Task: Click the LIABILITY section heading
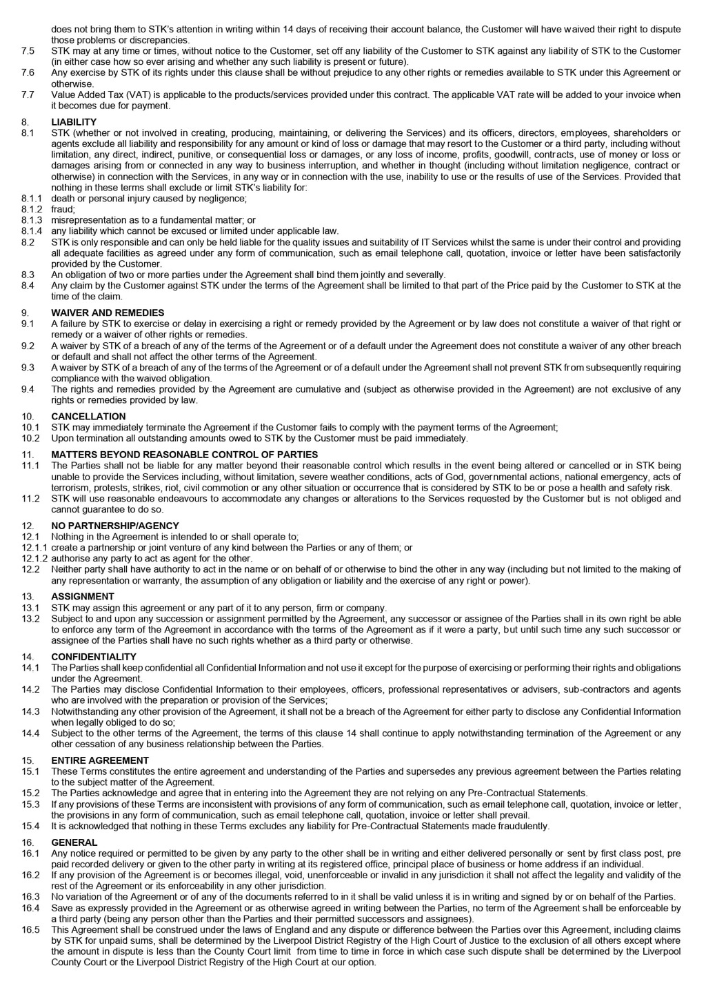point(74,122)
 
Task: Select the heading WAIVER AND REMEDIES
point(108,313)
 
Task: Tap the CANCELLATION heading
point(88,416)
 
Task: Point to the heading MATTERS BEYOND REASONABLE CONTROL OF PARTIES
point(184,455)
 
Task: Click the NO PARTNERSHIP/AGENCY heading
point(114,526)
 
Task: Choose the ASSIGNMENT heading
point(83,596)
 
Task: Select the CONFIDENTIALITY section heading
point(93,657)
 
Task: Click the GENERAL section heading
point(74,842)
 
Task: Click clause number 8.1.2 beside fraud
point(32,209)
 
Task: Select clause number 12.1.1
point(34,547)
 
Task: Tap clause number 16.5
point(30,929)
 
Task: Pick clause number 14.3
point(30,711)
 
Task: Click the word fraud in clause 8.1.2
point(63,209)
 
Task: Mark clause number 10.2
point(30,438)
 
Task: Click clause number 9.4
point(28,389)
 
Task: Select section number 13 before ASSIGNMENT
point(28,596)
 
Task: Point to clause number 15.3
point(30,804)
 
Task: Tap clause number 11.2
point(30,498)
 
